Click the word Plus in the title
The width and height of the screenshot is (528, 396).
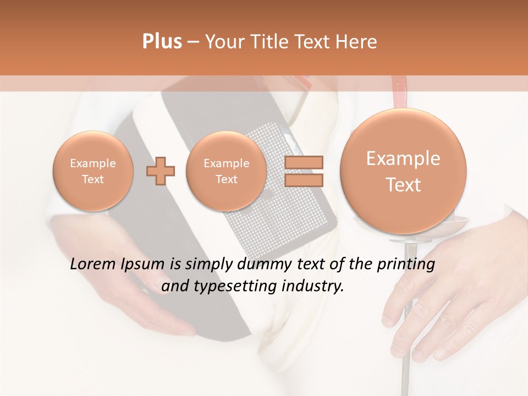tap(162, 42)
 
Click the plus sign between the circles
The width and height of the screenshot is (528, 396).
tap(161, 170)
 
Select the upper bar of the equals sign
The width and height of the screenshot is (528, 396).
tap(303, 162)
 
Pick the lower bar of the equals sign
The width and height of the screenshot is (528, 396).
tap(303, 180)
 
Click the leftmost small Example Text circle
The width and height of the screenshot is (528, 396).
tap(93, 171)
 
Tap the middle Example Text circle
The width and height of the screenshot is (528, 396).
tap(226, 171)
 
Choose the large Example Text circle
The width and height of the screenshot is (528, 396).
tap(403, 171)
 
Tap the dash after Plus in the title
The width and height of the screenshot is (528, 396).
tap(193, 42)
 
